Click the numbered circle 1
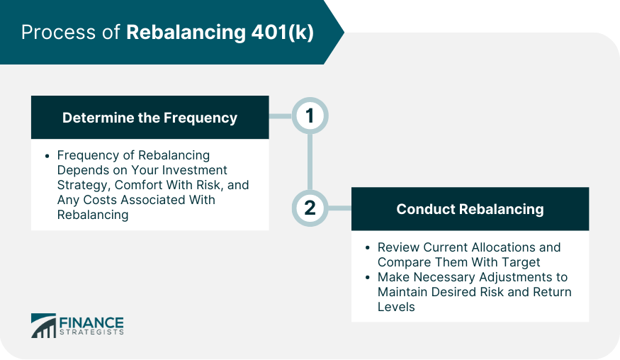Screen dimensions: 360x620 click(x=310, y=116)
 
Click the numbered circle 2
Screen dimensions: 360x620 click(x=310, y=208)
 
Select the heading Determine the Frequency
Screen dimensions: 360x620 click(x=150, y=118)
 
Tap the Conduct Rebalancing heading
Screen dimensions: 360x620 click(x=470, y=209)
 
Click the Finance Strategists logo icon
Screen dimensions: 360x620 click(x=43, y=326)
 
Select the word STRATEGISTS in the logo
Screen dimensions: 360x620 click(x=90, y=332)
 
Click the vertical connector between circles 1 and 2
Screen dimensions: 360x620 click(x=310, y=162)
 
